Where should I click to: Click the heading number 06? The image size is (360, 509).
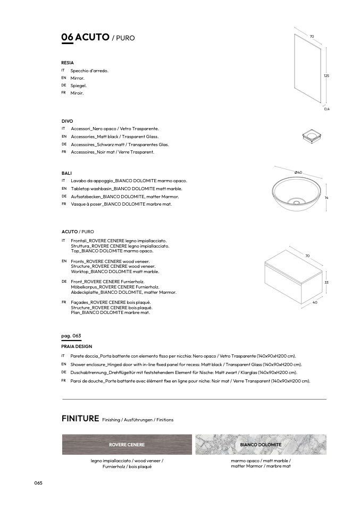(68, 37)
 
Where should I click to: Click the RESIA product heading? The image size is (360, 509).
(68, 63)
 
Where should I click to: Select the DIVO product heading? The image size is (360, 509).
(67, 121)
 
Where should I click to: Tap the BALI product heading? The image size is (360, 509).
(66, 173)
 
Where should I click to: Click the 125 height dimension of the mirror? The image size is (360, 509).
(326, 76)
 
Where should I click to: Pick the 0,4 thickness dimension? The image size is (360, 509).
(327, 109)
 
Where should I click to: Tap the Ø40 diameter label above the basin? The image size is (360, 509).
(298, 173)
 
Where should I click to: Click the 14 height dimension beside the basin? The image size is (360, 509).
(326, 198)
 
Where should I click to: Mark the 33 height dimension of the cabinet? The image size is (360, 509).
(326, 282)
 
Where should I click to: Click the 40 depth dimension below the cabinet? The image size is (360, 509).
(315, 303)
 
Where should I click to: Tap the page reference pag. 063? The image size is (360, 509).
(71, 336)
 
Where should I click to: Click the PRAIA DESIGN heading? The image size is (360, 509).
(77, 346)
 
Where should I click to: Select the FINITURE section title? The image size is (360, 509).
(80, 419)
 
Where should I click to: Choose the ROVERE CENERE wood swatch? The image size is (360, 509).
(127, 444)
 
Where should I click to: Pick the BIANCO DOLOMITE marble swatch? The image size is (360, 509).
(261, 444)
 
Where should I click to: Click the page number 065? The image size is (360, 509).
(38, 482)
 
